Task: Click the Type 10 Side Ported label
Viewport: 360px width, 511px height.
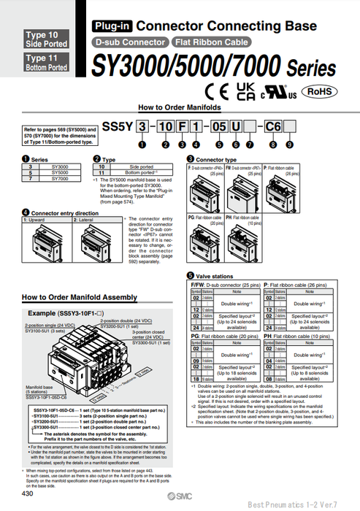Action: tap(47, 39)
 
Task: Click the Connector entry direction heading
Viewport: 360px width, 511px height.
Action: tap(64, 212)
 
